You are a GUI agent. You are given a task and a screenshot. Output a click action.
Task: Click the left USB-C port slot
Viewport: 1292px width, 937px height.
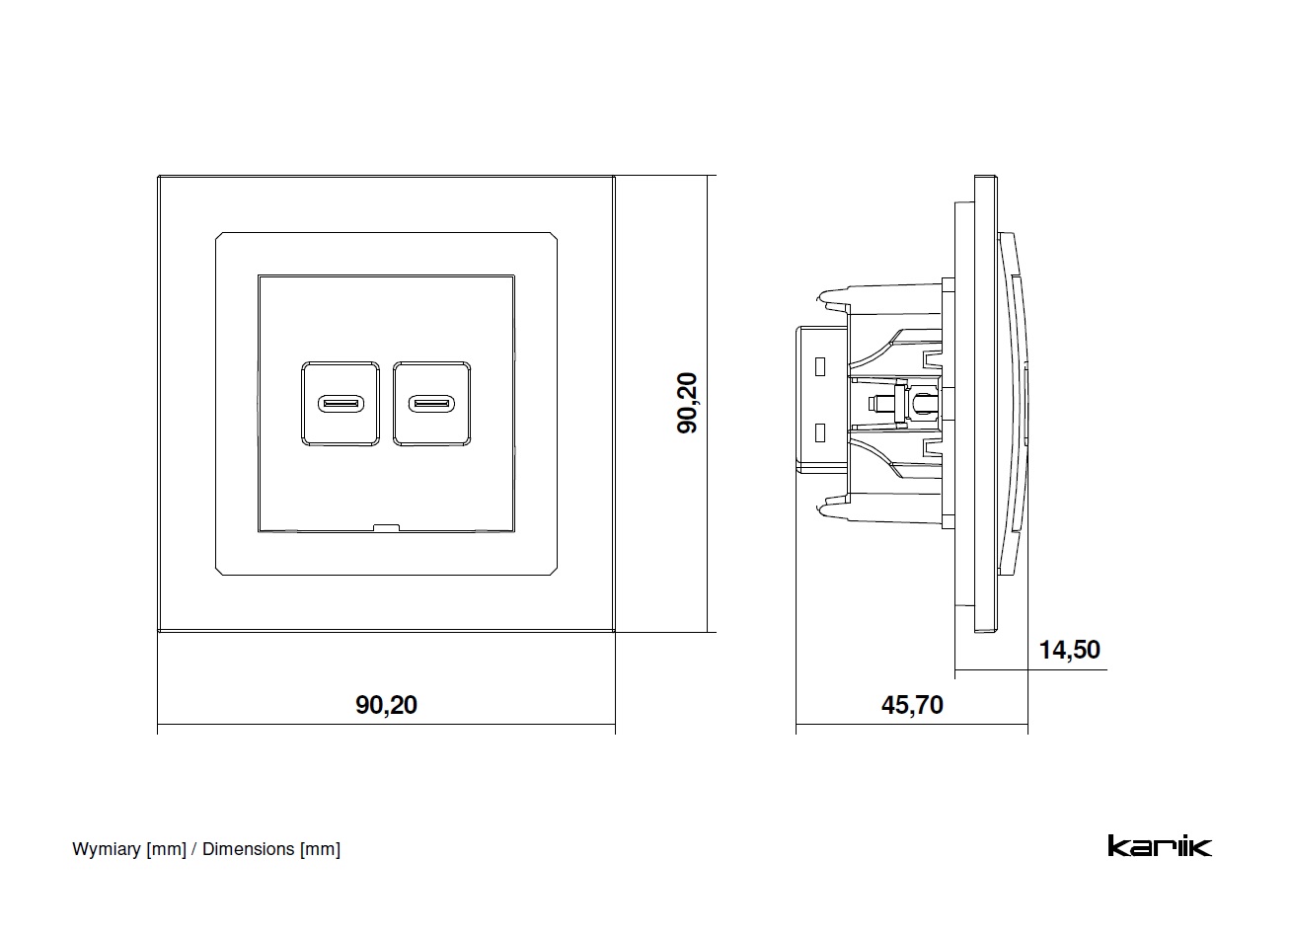(x=341, y=404)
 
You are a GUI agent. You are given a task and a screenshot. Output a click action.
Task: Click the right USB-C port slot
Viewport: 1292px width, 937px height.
(x=432, y=404)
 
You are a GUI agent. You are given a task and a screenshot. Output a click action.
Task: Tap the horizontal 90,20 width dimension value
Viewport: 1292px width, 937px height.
(x=386, y=705)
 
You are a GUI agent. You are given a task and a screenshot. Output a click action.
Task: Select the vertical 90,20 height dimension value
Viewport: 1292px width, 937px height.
(x=687, y=403)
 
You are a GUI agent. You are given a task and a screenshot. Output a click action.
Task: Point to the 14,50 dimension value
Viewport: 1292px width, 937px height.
(x=1069, y=650)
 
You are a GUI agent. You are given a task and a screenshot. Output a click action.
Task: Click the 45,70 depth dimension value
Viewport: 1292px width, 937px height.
(x=911, y=705)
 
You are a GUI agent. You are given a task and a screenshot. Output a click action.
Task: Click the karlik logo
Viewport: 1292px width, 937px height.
(x=1159, y=846)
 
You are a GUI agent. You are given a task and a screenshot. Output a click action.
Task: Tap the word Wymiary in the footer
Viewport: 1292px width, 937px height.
(x=107, y=849)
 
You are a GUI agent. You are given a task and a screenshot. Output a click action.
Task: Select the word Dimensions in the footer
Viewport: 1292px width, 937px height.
(x=248, y=849)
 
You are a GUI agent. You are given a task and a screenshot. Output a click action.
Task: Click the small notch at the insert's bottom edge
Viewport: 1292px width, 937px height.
(x=386, y=527)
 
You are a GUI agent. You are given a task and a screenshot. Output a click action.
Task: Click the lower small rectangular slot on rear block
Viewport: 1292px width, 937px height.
(x=819, y=432)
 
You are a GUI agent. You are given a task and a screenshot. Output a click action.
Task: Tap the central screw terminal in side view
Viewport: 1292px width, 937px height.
(x=876, y=403)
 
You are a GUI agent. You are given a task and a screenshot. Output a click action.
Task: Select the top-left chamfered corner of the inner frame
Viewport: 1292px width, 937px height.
(x=220, y=237)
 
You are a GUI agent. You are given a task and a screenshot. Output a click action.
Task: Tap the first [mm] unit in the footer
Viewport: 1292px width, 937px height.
(x=166, y=849)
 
